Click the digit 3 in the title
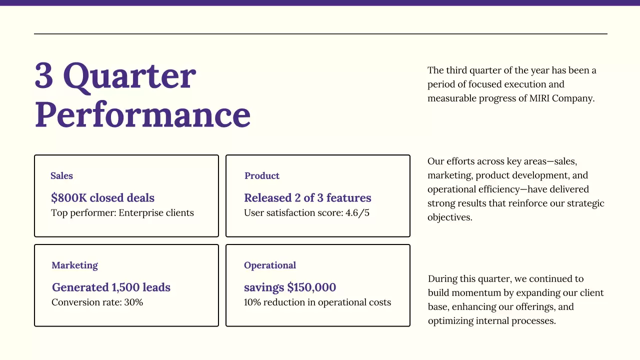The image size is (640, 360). (x=44, y=76)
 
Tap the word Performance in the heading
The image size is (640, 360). (x=142, y=115)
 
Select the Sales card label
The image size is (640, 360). (x=61, y=176)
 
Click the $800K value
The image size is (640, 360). (x=68, y=198)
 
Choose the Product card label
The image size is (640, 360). (x=262, y=176)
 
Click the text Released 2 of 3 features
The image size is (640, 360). (x=307, y=198)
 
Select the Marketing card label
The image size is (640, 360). (x=74, y=265)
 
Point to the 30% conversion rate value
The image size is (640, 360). (x=133, y=302)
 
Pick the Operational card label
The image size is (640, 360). (x=270, y=265)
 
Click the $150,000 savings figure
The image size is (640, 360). (x=311, y=287)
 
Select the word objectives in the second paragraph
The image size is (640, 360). (x=449, y=218)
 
